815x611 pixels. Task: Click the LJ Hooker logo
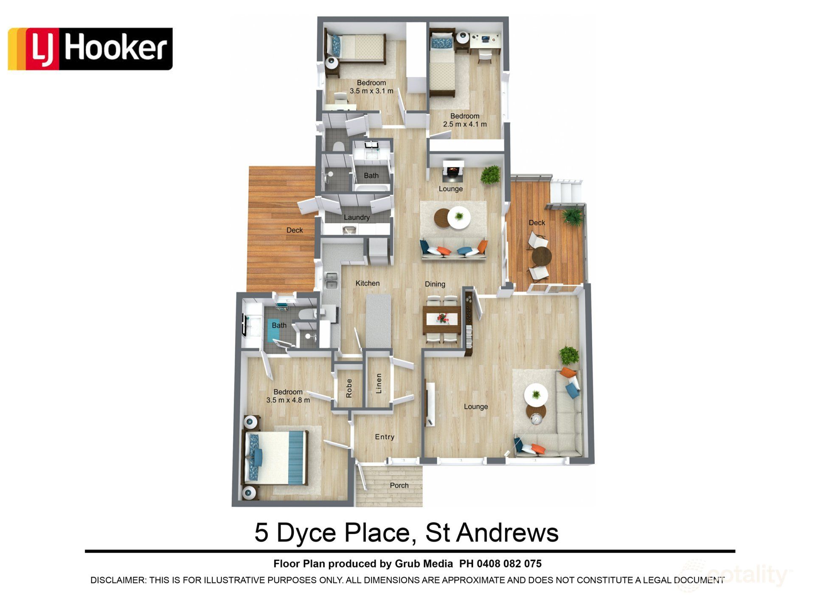pos(90,48)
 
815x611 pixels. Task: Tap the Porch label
pos(399,485)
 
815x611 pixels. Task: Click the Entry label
pos(385,437)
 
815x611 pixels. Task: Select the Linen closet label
pos(379,383)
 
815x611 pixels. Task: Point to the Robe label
pos(349,388)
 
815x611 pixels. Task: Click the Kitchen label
pos(367,283)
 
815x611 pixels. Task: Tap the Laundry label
pos(357,217)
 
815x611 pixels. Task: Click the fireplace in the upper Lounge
pos(451,171)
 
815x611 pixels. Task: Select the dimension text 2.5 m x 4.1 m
pos(465,124)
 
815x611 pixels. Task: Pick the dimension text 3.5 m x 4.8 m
pos(288,400)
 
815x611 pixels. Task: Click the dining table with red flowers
pos(442,318)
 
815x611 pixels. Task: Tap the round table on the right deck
pos(541,256)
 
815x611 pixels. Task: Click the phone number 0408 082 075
pos(509,563)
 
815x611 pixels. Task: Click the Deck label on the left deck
pos(295,230)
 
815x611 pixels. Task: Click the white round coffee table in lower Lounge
pos(536,395)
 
